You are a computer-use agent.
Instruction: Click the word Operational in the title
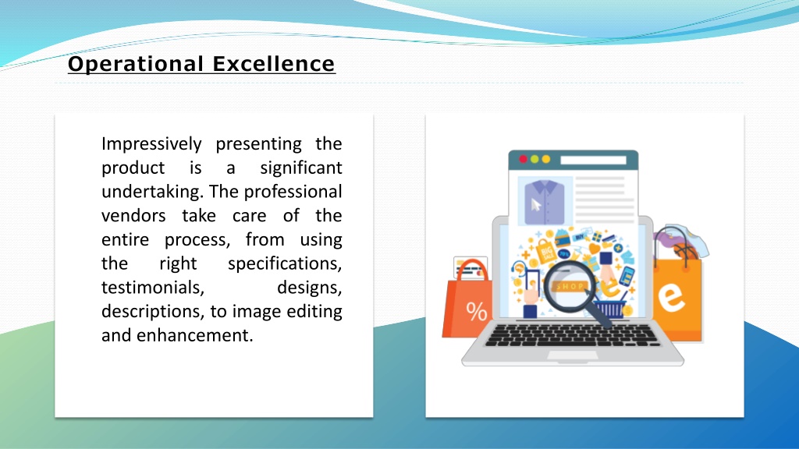point(136,64)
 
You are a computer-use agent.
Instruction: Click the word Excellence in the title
point(274,64)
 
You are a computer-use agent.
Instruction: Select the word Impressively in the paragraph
point(151,144)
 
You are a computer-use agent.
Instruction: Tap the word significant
point(300,168)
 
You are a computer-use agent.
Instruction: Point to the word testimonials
point(153,288)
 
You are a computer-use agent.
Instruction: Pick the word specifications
point(285,264)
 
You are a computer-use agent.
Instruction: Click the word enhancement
point(194,335)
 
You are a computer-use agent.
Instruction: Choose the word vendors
point(133,216)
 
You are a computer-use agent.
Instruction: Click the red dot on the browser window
point(523,159)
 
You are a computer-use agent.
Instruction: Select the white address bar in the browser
point(593,160)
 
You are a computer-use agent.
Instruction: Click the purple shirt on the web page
point(544,202)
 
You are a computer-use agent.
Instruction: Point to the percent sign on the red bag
point(477,312)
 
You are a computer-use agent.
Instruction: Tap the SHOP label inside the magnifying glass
point(570,287)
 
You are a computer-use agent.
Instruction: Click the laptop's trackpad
point(572,355)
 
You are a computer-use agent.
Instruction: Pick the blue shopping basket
point(610,307)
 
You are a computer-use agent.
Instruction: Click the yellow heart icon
point(594,249)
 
